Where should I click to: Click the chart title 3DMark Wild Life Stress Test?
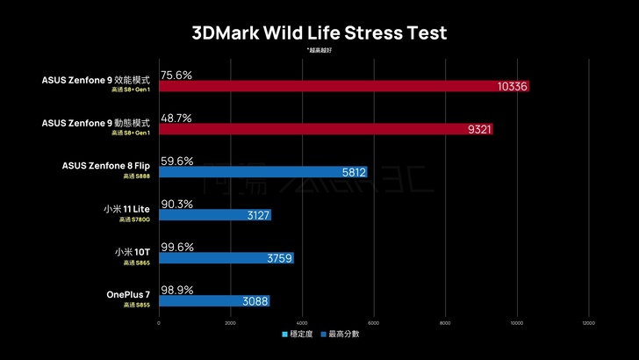pyautogui.click(x=319, y=33)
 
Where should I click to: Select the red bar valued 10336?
pyautogui.click(x=344, y=86)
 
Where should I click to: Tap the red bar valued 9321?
pyautogui.click(x=326, y=129)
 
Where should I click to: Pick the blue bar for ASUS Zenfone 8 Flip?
pyautogui.click(x=262, y=172)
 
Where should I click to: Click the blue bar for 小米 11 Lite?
pyautogui.click(x=215, y=215)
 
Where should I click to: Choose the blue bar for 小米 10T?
pyautogui.click(x=226, y=258)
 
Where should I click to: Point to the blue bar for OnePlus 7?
pyautogui.click(x=214, y=301)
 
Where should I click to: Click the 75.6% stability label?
pyautogui.click(x=176, y=75)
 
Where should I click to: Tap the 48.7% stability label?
pyautogui.click(x=176, y=118)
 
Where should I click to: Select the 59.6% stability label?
pyautogui.click(x=176, y=161)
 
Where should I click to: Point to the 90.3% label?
pyautogui.click(x=176, y=204)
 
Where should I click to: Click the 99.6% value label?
pyautogui.click(x=176, y=247)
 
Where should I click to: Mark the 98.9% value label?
pyautogui.click(x=176, y=290)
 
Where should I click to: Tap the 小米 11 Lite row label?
pyautogui.click(x=126, y=209)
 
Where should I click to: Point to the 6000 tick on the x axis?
pyautogui.click(x=374, y=322)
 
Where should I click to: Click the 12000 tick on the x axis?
pyautogui.click(x=588, y=322)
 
